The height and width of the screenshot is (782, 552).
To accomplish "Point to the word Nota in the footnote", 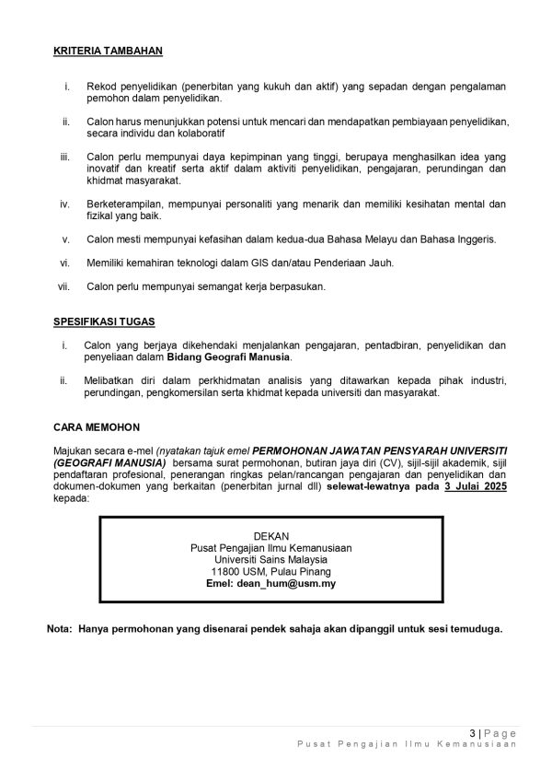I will [60, 630].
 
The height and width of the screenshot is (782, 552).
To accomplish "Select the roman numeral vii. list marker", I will [64, 286].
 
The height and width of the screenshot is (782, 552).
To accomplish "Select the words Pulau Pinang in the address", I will [306, 571].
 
